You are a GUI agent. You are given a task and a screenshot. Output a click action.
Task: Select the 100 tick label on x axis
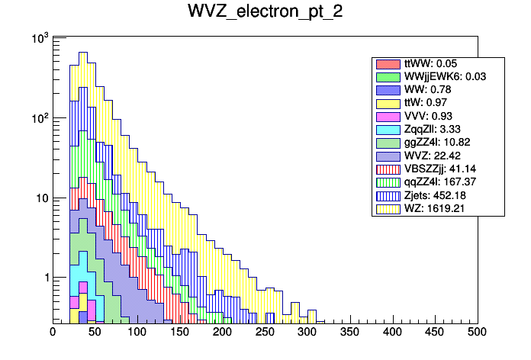[137, 333]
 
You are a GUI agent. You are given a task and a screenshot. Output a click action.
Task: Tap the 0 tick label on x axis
[53, 333]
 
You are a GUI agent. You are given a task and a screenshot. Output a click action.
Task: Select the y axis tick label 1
[44, 278]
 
